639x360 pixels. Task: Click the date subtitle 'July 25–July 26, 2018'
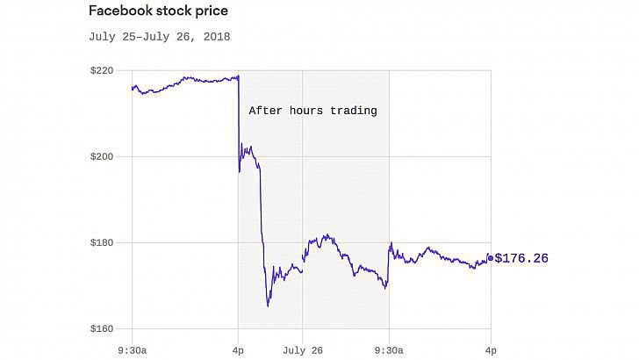[159, 37]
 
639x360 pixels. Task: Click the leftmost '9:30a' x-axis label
[133, 349]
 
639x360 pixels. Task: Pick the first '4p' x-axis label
[238, 349]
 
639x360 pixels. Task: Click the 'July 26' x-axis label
[303, 349]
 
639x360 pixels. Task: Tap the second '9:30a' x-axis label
[388, 349]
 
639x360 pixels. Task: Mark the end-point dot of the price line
[490, 258]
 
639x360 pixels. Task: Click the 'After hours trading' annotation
[312, 111]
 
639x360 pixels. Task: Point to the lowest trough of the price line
[268, 306]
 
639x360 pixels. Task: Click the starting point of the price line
[133, 88]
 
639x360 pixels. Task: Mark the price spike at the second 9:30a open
[390, 243]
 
